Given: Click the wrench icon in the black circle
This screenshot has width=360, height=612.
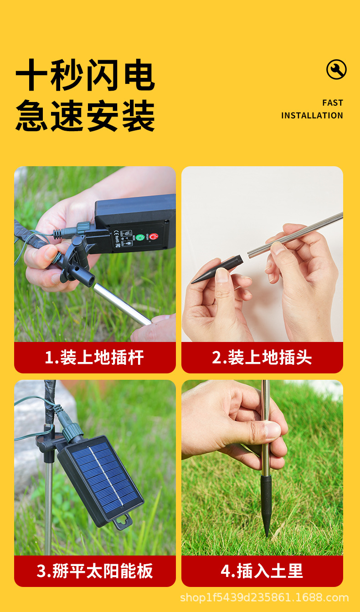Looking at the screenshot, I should click(336, 70).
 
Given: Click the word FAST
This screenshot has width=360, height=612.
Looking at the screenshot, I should click(332, 103).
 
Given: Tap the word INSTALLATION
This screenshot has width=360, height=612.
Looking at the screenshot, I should click(312, 116).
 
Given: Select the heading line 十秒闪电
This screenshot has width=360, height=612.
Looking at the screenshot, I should click(85, 76).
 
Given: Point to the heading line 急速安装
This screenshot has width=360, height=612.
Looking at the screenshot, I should click(85, 116).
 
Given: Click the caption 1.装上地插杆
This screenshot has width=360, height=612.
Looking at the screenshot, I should click(94, 357).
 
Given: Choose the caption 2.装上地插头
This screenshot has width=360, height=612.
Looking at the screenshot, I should click(262, 357).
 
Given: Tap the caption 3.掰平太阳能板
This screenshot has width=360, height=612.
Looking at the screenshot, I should click(94, 571).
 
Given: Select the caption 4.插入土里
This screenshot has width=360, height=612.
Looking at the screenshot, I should click(262, 571).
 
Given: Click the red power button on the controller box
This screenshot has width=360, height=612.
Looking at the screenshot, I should click(154, 237).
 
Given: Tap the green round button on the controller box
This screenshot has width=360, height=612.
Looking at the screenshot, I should click(140, 237).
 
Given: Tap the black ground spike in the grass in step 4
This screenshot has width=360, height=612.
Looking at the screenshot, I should click(266, 501).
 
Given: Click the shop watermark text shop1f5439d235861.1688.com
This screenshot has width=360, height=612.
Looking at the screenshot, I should click(264, 597).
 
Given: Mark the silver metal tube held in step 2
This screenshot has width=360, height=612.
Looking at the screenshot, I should click(296, 235).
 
